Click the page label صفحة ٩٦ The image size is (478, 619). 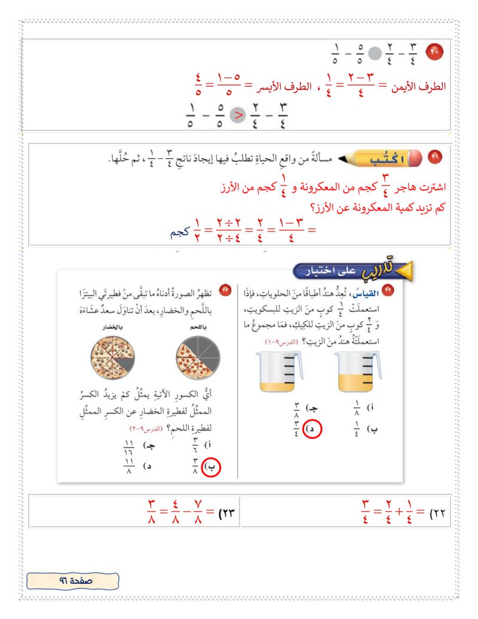coord(73,580)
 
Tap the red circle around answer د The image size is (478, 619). coord(311,429)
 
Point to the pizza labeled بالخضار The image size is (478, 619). coord(109,357)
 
